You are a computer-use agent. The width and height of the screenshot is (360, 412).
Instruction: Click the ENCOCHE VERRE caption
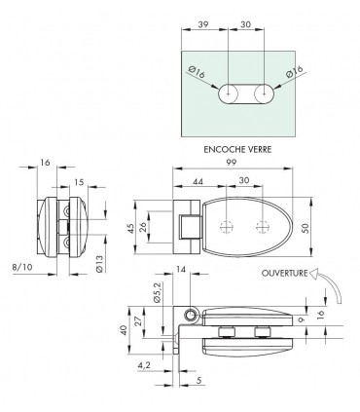tap(237, 149)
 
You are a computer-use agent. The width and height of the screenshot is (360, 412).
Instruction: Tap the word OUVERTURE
tap(284, 273)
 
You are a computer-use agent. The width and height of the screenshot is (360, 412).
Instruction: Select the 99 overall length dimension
tap(232, 162)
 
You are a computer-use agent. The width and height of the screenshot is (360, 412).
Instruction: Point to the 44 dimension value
tap(198, 181)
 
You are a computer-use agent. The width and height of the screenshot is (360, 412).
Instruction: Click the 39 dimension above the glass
tap(202, 24)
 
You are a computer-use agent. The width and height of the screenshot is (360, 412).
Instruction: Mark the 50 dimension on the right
tap(306, 228)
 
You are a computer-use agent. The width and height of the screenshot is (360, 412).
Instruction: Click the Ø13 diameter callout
tap(99, 264)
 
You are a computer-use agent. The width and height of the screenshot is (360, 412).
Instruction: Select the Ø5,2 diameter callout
tap(158, 293)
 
